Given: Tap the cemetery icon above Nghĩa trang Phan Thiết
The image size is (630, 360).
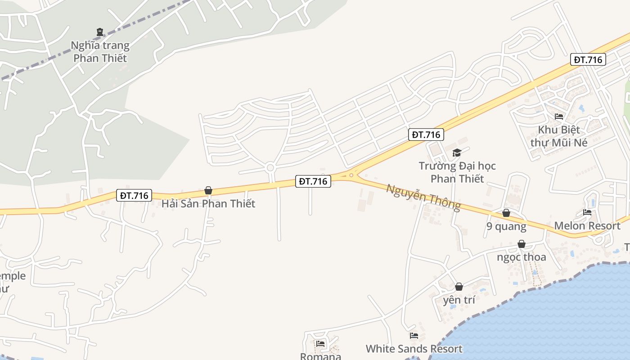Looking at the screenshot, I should (100, 32).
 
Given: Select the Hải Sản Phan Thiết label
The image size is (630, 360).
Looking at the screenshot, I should (208, 203).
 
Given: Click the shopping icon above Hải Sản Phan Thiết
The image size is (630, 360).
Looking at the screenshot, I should (208, 191).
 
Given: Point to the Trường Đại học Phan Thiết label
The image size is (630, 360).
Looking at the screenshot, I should (457, 172).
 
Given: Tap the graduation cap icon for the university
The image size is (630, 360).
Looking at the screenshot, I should (457, 153).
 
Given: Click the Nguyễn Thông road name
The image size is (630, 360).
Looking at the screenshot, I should (423, 197).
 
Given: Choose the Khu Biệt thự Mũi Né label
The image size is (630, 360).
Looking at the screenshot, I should (559, 136).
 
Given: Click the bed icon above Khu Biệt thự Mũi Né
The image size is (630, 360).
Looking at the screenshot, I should (559, 117).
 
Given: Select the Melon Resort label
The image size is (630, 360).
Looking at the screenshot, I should (587, 225).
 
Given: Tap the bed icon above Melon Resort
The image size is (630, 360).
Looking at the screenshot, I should (587, 212).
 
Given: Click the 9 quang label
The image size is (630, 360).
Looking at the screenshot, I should (506, 226).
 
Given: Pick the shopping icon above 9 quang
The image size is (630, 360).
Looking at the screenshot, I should (506, 213).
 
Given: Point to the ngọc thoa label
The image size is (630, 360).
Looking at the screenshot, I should (522, 257).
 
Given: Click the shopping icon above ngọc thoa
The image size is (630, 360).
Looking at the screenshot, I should (522, 244).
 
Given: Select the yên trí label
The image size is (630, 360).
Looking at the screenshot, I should (459, 300).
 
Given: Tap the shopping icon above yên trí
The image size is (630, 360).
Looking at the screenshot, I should (459, 287).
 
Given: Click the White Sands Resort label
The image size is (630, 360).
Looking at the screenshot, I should (414, 349).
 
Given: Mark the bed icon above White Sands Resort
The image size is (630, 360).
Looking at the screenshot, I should (414, 336).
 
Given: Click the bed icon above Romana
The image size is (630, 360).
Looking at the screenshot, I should (320, 344).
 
